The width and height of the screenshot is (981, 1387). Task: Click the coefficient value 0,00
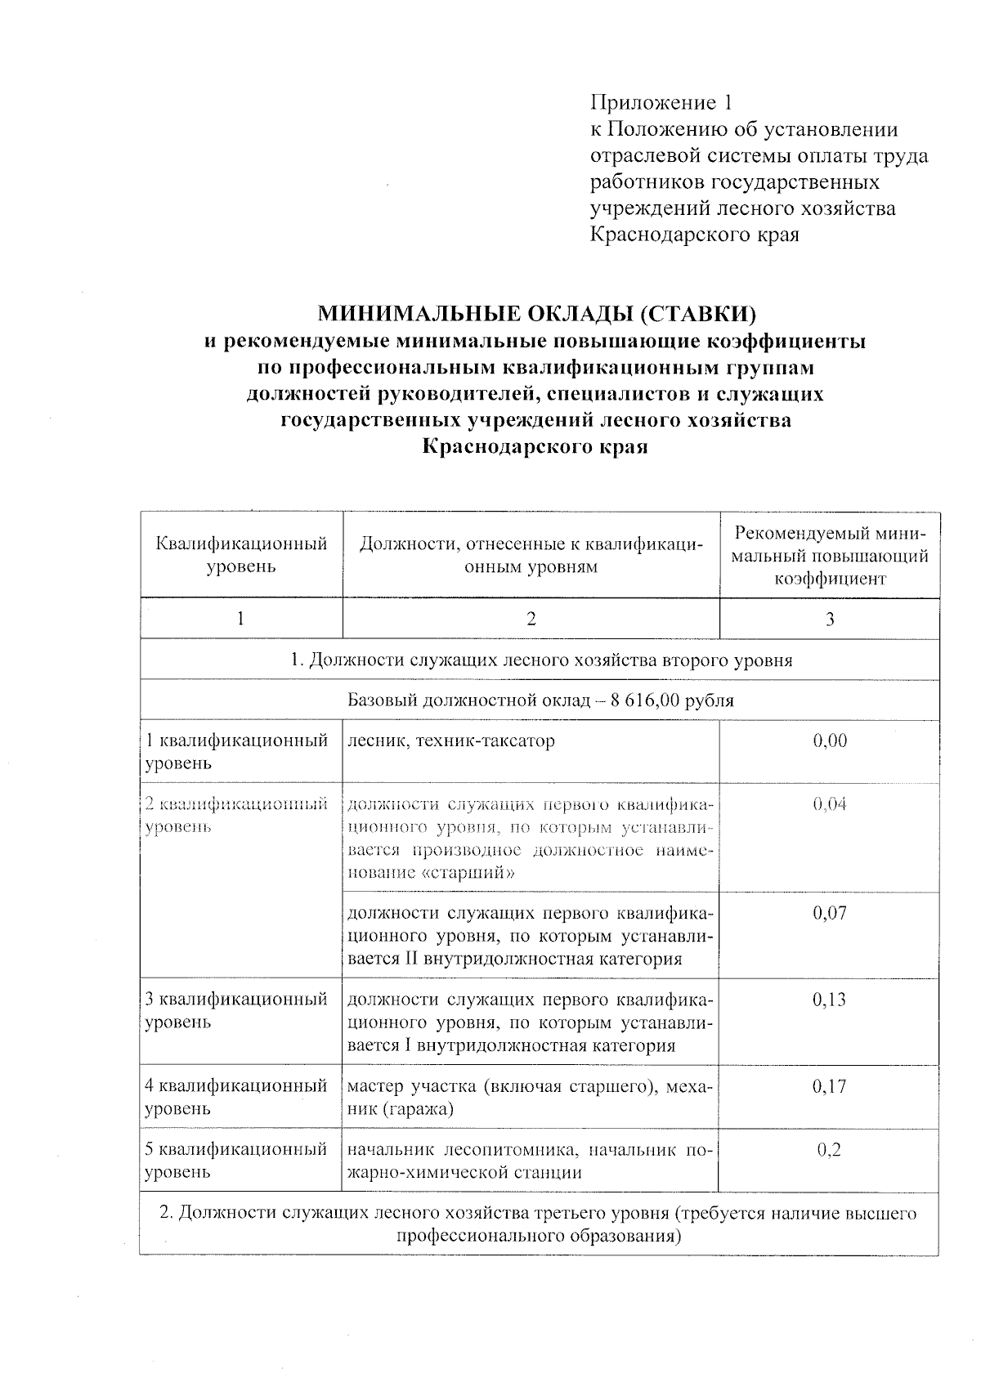pyautogui.click(x=829, y=741)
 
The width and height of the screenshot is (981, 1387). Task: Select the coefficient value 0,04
pyautogui.click(x=829, y=804)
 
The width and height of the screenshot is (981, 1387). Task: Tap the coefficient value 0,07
pyautogui.click(x=829, y=913)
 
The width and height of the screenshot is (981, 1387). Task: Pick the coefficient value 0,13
pyautogui.click(x=829, y=1000)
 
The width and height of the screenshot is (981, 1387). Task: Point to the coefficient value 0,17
pyautogui.click(x=829, y=1086)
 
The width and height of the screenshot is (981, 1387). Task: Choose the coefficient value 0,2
pyautogui.click(x=829, y=1150)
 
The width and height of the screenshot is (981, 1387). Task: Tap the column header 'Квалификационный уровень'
pyautogui.click(x=241, y=555)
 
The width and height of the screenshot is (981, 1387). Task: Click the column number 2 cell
pyautogui.click(x=531, y=619)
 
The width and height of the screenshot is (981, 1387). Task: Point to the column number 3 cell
pyautogui.click(x=829, y=619)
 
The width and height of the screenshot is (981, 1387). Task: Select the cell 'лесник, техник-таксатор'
pyautogui.click(x=451, y=741)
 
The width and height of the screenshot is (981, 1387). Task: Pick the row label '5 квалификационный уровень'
pyautogui.click(x=236, y=1161)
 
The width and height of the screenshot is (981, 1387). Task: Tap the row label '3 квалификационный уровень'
pyautogui.click(x=236, y=1010)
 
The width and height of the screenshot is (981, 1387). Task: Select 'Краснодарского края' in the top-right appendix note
pyautogui.click(x=694, y=235)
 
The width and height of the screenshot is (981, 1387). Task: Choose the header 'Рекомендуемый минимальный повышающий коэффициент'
pyautogui.click(x=829, y=556)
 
